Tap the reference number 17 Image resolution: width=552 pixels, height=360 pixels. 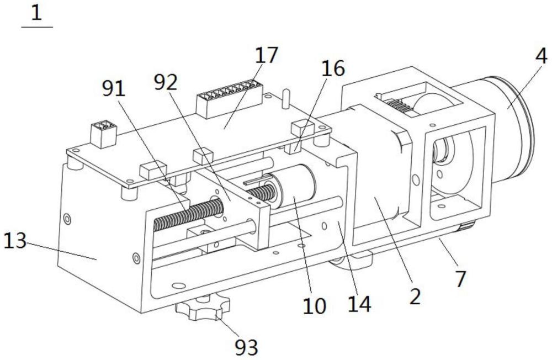coord(266,55)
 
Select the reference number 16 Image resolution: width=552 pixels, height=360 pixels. coord(333,68)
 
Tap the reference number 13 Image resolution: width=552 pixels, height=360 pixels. coord(15,241)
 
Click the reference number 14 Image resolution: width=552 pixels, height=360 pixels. coord(359,304)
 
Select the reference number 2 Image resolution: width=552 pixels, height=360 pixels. coord(415,297)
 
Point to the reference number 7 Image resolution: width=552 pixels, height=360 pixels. coord(460,279)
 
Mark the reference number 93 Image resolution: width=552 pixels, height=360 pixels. coord(246,347)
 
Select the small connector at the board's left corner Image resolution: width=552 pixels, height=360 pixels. coord(104,134)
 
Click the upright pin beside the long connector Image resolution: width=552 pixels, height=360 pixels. coord(286,98)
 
